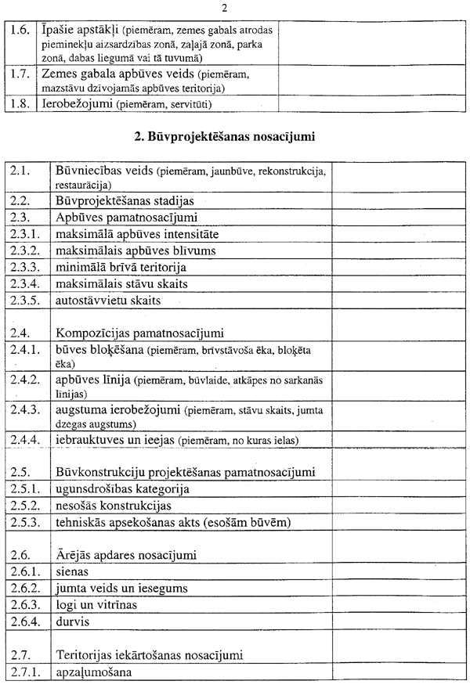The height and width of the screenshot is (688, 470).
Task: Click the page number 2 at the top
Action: (x=225, y=9)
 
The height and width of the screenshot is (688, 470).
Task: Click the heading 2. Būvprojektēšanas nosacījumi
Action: (x=224, y=138)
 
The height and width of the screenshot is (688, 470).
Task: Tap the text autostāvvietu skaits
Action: (x=109, y=300)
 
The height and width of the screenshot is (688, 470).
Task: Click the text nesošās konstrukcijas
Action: (x=114, y=506)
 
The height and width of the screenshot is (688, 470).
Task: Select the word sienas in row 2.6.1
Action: (x=73, y=571)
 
